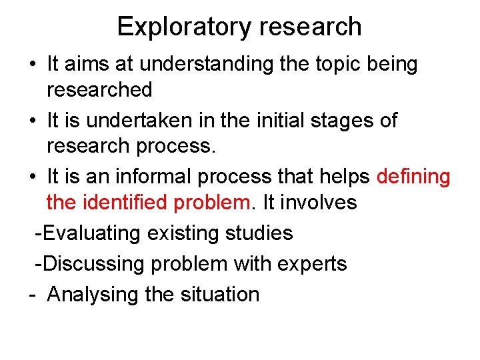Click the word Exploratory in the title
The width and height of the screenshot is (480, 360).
pos(182,27)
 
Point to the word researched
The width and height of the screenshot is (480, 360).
pos(99,89)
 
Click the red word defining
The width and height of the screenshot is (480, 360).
pos(413,177)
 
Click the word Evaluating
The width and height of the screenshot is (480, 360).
pos(95,233)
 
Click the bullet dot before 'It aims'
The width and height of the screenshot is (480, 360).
pos(32,65)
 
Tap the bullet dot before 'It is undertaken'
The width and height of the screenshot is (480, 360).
pos(32,121)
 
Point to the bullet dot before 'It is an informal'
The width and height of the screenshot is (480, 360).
pos(32,177)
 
